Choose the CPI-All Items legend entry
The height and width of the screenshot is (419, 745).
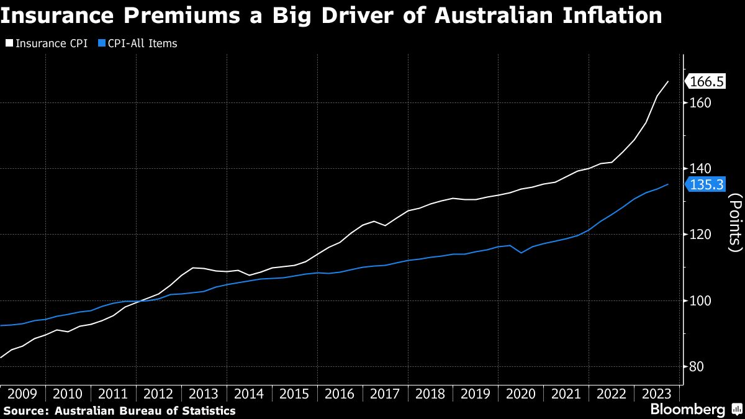[x=142, y=43]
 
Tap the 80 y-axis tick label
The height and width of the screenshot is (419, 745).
[x=697, y=366]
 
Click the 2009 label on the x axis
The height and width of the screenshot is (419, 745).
[x=22, y=394]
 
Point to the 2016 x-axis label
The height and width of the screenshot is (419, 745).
[x=339, y=394]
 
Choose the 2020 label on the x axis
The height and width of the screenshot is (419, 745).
[x=520, y=394]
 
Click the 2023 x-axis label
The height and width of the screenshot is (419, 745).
[x=656, y=394]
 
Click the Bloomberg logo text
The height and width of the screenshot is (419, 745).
[x=687, y=410]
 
